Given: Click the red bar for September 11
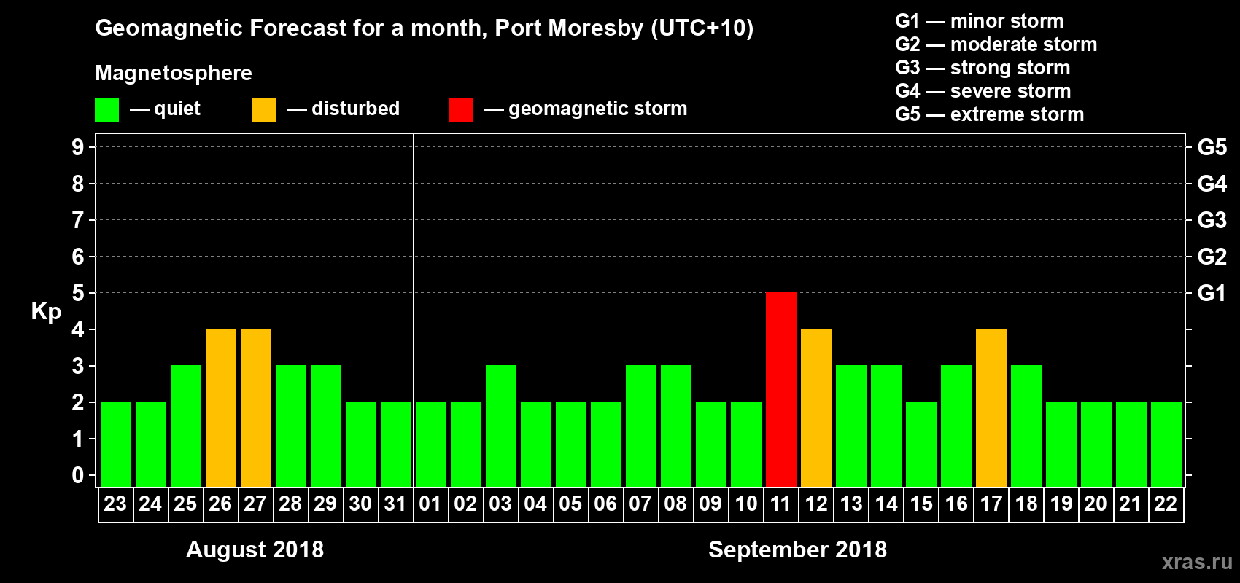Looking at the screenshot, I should pos(781,389).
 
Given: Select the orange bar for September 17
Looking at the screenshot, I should pos(991,407).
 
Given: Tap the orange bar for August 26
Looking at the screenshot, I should pos(221,407).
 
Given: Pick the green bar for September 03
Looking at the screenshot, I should pos(501,426).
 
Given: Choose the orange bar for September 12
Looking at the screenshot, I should pos(816,407).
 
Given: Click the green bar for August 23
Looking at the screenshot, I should pos(116,444).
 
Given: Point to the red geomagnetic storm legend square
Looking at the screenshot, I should pos(461,110).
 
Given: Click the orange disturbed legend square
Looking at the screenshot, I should pos(264,110).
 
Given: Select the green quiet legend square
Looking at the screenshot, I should pos(106,110).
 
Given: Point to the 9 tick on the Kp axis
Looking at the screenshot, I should pos(78,147).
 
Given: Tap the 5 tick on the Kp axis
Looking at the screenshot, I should pos(78,293).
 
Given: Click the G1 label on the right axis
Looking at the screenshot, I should pos(1212,293).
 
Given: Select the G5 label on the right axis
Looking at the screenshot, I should pos(1212,147).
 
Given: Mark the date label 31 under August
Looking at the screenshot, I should pos(395,504).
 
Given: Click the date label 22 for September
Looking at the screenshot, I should pos(1166,504).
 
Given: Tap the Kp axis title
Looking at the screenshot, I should pos(46,311).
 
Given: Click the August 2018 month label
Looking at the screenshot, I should pos(255,549).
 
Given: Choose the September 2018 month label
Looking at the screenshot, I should pos(797,549).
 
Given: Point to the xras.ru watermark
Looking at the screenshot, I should pos(1197,562).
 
